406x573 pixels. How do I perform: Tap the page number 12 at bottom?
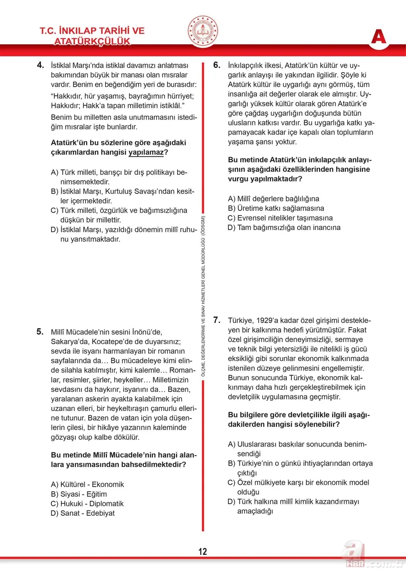pos(203,551)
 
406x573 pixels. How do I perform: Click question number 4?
pos(41,65)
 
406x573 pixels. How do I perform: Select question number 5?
pos(41,332)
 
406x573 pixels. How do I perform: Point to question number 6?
pos(217,65)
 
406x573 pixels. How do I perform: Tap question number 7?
pos(217,320)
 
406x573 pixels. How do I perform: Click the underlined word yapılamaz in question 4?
pos(146,153)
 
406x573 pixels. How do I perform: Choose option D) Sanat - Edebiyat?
pos(83,513)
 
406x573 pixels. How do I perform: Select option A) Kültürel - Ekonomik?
pos(88,484)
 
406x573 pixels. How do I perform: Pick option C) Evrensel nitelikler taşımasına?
pos(280,218)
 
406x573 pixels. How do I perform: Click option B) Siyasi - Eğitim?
pos(79,494)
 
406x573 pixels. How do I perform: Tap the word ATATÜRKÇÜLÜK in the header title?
pos(92,42)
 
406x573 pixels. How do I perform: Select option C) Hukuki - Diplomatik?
pos(87,503)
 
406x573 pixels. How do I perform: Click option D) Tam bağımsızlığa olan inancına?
pos(284,228)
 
